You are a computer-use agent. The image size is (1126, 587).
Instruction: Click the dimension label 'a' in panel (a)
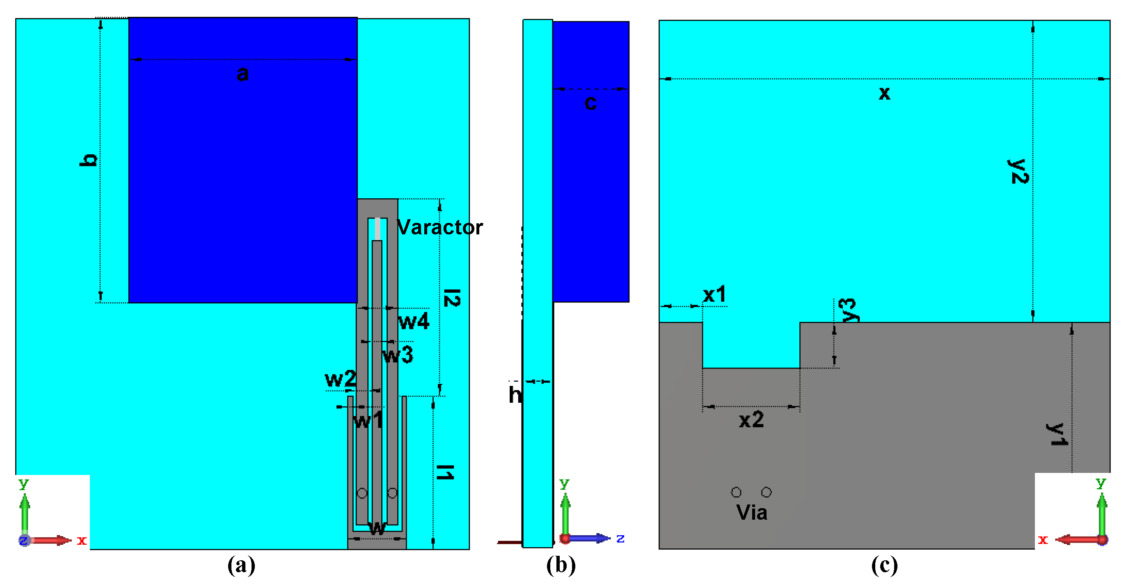click(243, 73)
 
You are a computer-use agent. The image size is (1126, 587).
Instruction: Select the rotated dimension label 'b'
click(88, 160)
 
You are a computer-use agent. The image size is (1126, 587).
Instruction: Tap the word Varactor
click(439, 227)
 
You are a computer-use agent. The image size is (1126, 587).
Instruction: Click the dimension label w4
click(414, 321)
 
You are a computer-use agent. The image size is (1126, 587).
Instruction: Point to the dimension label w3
click(397, 355)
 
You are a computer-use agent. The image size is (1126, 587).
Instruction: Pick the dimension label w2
click(341, 379)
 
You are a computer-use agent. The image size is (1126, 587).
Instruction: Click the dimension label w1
click(368, 421)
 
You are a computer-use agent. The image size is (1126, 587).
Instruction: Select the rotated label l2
click(451, 298)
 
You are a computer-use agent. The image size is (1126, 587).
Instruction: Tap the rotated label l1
click(445, 472)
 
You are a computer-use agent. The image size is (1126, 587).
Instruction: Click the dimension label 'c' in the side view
click(590, 103)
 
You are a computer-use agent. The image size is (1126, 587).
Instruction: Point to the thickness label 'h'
click(515, 394)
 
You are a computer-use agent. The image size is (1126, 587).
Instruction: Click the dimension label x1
click(714, 294)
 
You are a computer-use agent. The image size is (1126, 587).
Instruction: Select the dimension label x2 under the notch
click(751, 420)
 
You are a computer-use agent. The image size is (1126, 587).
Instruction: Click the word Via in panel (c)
click(751, 512)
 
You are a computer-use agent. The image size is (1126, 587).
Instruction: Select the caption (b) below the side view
click(561, 565)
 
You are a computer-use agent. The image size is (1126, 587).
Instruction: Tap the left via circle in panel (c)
click(736, 493)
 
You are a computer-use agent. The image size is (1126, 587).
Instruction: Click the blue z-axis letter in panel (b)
click(620, 539)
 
